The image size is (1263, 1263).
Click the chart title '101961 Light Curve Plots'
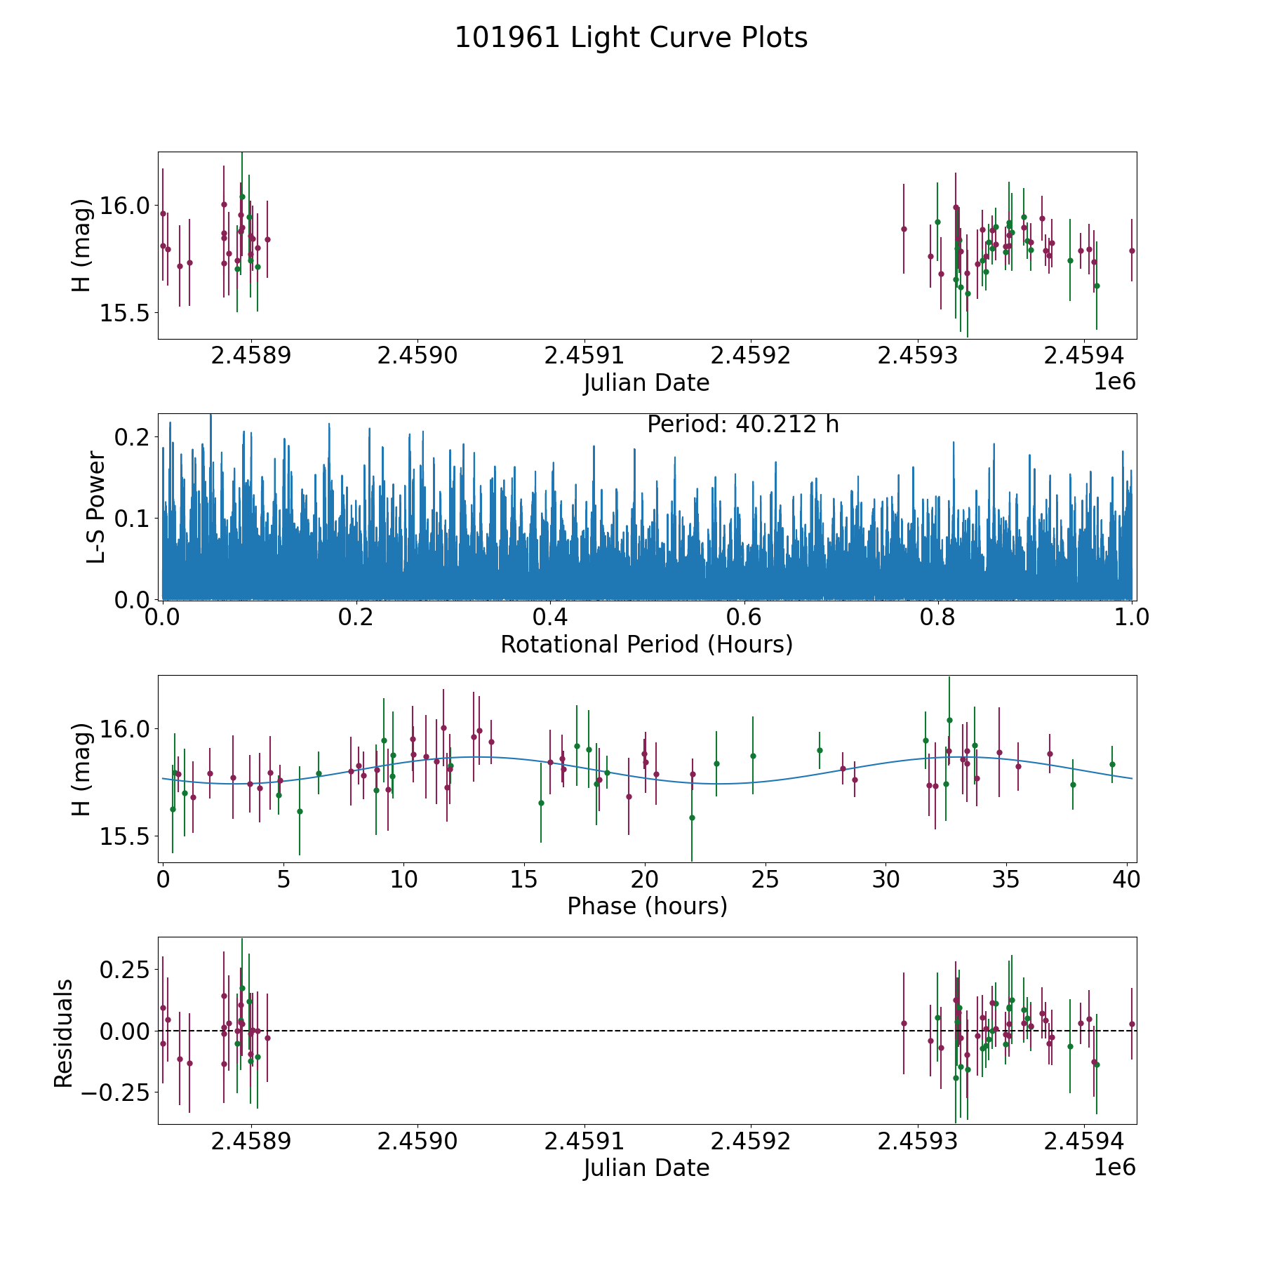pos(631,38)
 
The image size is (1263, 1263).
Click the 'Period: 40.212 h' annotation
pos(743,425)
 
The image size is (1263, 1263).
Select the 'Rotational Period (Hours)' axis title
pos(647,644)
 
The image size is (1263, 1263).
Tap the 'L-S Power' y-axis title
pos(96,507)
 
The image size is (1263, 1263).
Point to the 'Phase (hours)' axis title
pos(647,907)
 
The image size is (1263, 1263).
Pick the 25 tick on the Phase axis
pos(766,879)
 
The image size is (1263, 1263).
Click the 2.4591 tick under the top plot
pos(584,356)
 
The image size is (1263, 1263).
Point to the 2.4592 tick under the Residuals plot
pos(751,1141)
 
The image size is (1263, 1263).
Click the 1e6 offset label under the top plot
pos(1115,382)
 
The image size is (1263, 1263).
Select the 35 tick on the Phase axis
pos(1006,879)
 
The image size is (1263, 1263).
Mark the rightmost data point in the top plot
pos(1132,250)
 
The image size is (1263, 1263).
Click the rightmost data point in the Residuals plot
pos(1132,1024)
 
